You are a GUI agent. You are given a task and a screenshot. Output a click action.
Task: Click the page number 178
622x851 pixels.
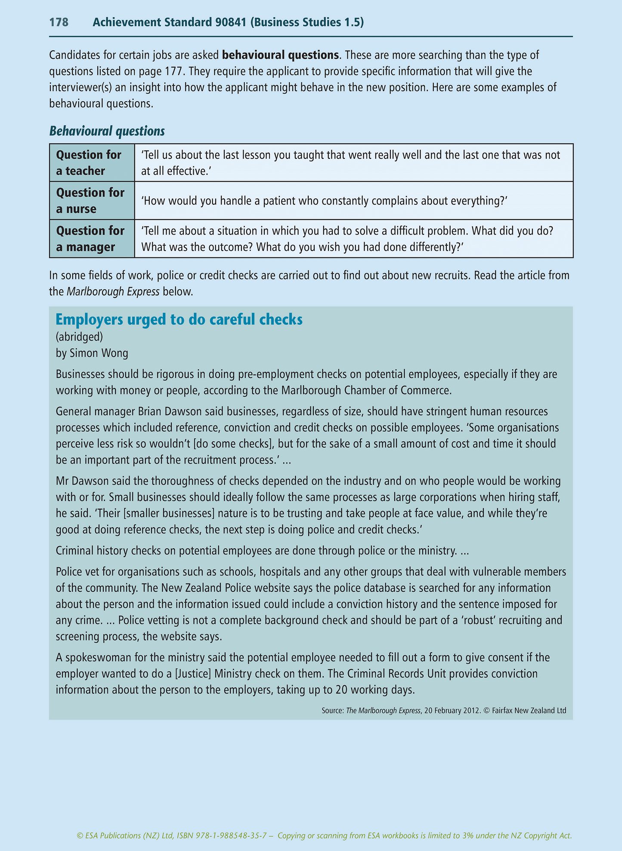click(59, 22)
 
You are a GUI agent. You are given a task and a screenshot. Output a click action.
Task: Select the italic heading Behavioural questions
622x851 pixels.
click(107, 131)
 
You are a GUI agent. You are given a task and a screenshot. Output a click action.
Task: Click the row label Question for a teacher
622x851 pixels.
click(89, 163)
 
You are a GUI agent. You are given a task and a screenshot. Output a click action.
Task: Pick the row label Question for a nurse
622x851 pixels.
click(90, 201)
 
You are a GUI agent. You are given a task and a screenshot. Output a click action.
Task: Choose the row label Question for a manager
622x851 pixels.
click(90, 239)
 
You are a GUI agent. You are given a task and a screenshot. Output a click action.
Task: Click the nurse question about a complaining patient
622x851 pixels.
click(325, 201)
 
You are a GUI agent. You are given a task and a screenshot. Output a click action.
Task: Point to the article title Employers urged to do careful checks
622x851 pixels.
click(179, 320)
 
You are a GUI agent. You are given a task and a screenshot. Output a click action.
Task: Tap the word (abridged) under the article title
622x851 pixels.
click(79, 336)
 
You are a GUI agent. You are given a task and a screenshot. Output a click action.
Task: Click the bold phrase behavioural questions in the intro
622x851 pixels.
click(280, 55)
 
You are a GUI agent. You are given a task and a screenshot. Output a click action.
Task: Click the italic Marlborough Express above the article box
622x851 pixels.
click(113, 291)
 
